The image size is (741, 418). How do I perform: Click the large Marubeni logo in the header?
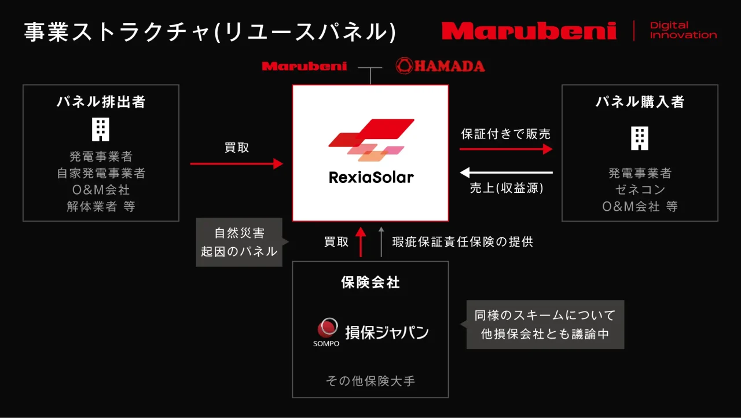pyautogui.click(x=529, y=31)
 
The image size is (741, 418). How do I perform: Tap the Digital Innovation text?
pyautogui.click(x=683, y=30)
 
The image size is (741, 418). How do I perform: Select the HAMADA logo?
pyautogui.click(x=441, y=66)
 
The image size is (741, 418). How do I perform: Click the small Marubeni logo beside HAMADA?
pyautogui.click(x=305, y=66)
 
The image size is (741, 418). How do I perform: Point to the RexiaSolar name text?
pyautogui.click(x=371, y=177)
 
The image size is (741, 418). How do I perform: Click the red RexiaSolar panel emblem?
pyautogui.click(x=371, y=140)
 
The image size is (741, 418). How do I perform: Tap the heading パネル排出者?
pyautogui.click(x=101, y=101)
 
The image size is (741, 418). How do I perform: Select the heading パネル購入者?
pyautogui.click(x=640, y=101)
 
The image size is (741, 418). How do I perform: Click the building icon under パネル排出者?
pyautogui.click(x=101, y=129)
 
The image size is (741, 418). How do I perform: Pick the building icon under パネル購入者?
pyautogui.click(x=640, y=138)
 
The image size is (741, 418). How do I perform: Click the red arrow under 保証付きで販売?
pyautogui.click(x=506, y=149)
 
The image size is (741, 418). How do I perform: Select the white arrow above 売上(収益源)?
pyautogui.click(x=506, y=173)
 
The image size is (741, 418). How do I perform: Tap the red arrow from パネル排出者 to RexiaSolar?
pyautogui.click(x=237, y=163)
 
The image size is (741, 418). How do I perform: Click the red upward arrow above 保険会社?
pyautogui.click(x=361, y=242)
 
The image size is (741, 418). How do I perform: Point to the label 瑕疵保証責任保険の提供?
pyautogui.click(x=463, y=242)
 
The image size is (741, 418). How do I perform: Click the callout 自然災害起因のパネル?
pyautogui.click(x=239, y=242)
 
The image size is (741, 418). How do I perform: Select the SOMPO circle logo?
pyautogui.click(x=328, y=327)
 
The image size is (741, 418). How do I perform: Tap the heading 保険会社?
pyautogui.click(x=370, y=283)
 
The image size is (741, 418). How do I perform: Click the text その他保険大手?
pyautogui.click(x=370, y=381)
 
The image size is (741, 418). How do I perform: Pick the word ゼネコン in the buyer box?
pyautogui.click(x=640, y=189)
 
